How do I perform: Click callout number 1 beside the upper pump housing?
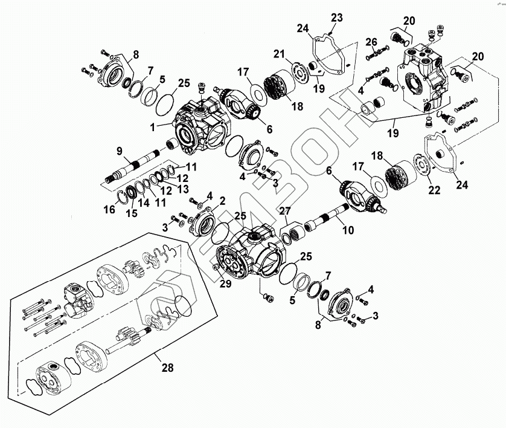coord(153,128)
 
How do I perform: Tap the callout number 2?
coord(222,201)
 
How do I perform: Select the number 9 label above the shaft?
coord(120,151)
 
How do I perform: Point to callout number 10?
coord(348,230)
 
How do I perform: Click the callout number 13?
coord(183,189)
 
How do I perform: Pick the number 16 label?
coord(110,209)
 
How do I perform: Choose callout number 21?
coord(280,54)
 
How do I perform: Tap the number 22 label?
coord(434,190)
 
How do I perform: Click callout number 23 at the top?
coord(336,18)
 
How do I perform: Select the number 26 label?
coord(371,42)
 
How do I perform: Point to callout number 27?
coord(285,211)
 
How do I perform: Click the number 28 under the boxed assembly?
coord(167,368)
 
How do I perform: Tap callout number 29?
coord(226,284)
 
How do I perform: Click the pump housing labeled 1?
coord(202,125)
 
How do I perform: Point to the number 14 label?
coord(144,203)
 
